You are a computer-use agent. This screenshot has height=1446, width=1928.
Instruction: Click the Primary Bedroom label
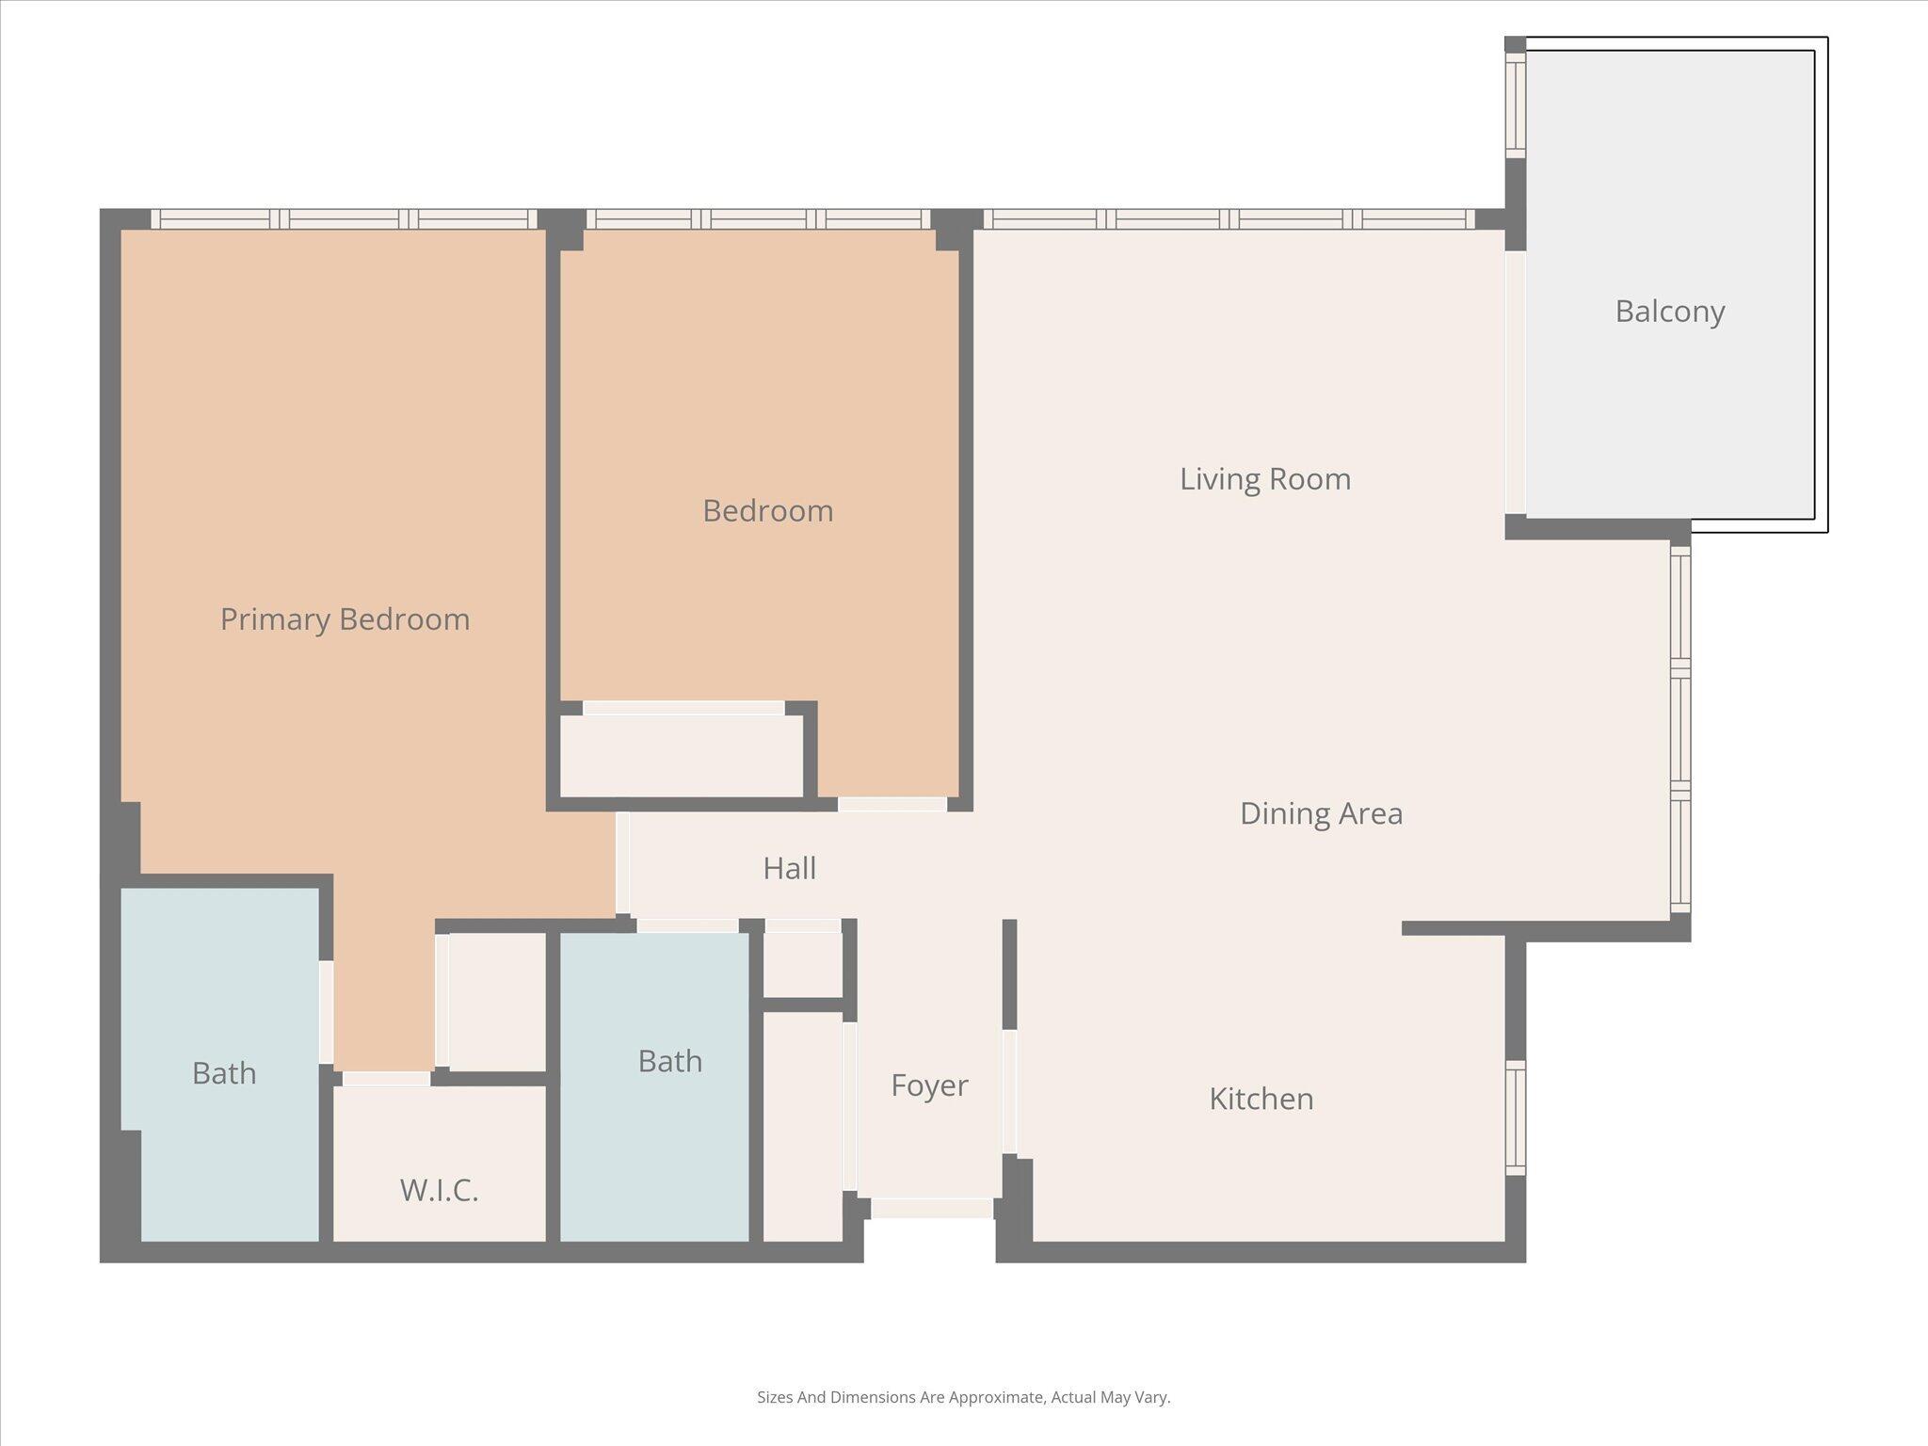345,619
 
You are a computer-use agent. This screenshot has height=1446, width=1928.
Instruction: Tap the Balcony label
1669,312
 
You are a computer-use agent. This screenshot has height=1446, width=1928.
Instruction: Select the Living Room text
1264,479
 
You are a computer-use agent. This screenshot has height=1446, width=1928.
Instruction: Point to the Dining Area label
1320,813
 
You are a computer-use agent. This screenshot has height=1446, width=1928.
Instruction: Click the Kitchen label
1261,1099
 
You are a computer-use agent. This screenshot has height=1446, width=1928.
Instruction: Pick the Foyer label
928,1085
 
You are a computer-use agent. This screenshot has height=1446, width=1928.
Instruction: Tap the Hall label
789,868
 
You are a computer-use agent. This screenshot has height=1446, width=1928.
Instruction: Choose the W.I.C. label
439,1190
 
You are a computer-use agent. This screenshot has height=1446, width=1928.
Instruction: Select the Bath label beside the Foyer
669,1061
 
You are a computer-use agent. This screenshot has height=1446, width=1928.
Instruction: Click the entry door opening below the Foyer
931,1208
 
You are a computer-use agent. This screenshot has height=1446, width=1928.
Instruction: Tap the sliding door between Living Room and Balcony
1515,382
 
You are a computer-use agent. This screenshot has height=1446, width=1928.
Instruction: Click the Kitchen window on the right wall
1515,1117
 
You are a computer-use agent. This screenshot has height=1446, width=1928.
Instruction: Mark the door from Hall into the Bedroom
892,804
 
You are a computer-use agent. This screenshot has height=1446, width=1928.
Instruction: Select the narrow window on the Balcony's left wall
1515,104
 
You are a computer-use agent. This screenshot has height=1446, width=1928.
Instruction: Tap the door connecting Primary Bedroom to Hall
622,863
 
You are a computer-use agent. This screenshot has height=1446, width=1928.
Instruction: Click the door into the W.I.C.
386,1079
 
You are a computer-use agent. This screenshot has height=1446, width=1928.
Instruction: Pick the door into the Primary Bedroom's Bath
326,1012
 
